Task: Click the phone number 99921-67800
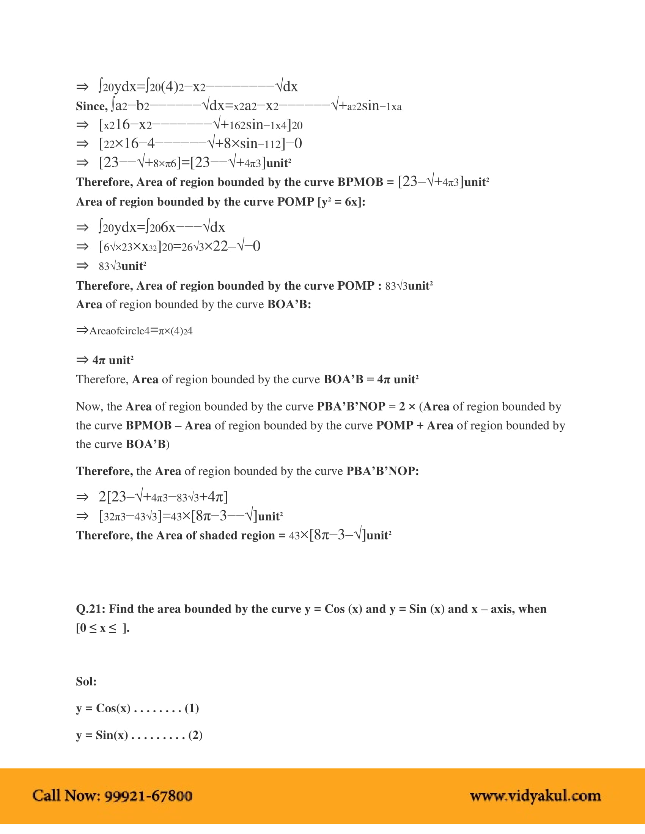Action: tap(148, 796)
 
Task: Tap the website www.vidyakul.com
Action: tap(535, 796)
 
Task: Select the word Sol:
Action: tap(87, 682)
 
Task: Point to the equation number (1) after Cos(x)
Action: tap(192, 709)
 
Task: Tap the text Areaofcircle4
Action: tap(119, 331)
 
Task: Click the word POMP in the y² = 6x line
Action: tap(295, 202)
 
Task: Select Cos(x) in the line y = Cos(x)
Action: tap(113, 709)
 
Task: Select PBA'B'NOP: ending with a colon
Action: tap(382, 471)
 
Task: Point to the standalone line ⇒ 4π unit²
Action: tap(105, 361)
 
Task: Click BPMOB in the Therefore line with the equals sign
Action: tap(360, 182)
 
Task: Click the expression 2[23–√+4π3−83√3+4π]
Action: tap(163, 497)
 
